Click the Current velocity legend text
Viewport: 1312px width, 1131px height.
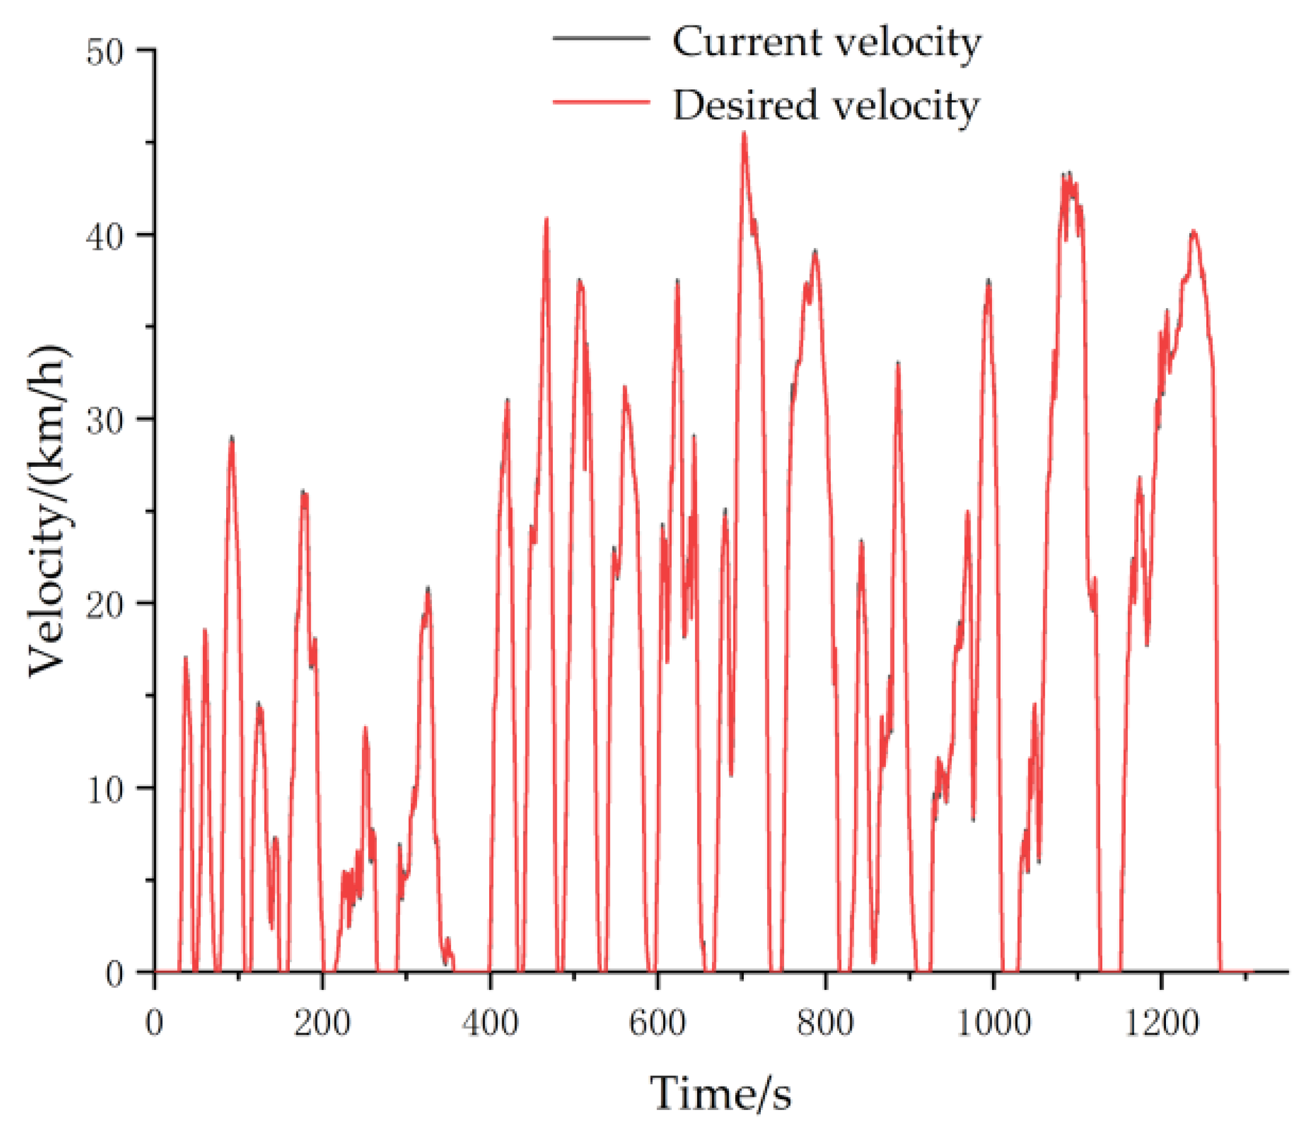[x=826, y=43]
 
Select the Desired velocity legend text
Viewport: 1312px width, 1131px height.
[x=826, y=105]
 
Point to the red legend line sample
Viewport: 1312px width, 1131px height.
[x=602, y=101]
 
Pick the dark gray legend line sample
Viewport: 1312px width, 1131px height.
[x=602, y=38]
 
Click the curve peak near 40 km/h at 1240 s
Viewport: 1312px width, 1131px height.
[x=1194, y=232]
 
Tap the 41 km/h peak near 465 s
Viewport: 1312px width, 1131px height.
[x=547, y=218]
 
